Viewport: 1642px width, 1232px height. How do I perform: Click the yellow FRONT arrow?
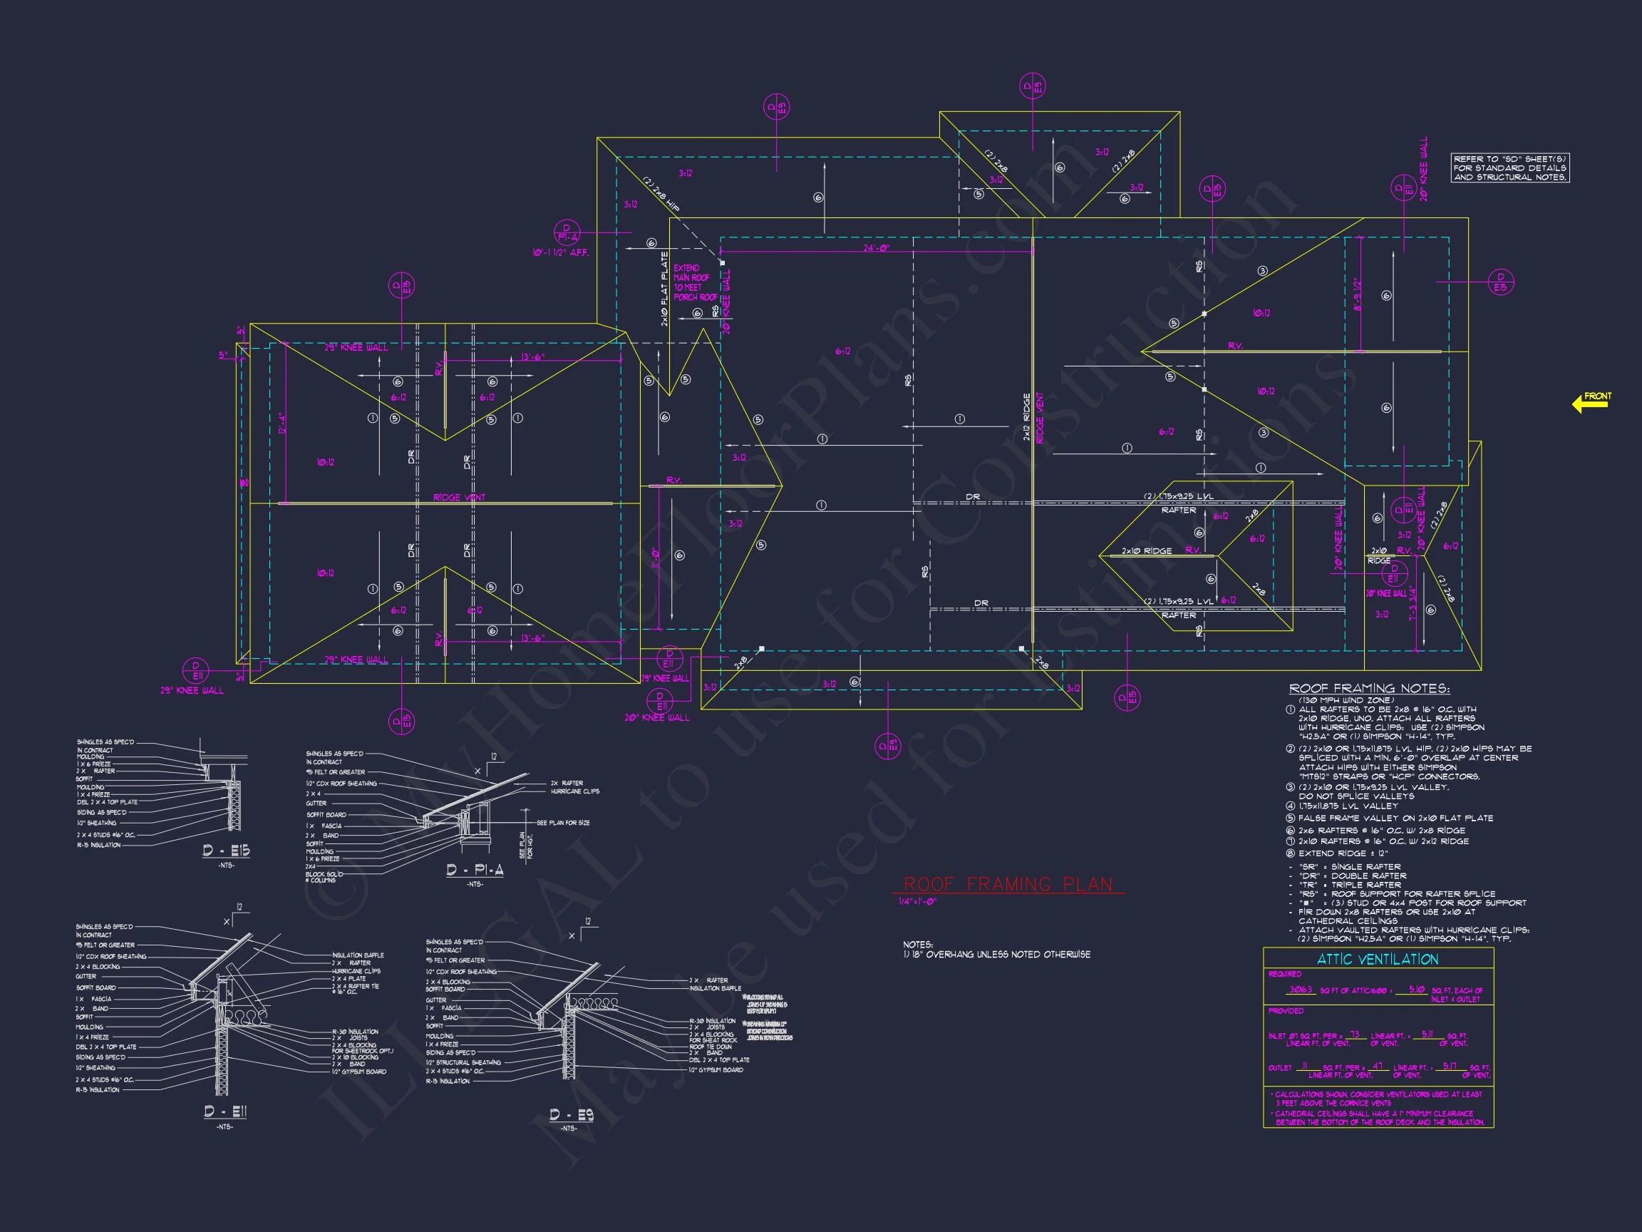pos(1591,403)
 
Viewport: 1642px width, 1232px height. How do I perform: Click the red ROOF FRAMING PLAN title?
pos(1007,883)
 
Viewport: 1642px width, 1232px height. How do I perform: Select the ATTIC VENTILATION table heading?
pos(1377,959)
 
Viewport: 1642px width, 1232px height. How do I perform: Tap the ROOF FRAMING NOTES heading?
pos(1369,689)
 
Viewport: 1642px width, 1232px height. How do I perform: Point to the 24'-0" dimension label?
pos(876,248)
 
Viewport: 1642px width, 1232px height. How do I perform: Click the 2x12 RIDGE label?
pos(1027,417)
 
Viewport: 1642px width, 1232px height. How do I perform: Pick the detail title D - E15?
pos(227,851)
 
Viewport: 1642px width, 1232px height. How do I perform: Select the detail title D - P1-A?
pos(475,870)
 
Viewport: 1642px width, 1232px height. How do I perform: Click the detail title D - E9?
pos(571,1114)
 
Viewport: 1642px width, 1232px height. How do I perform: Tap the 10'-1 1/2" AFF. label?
pos(560,252)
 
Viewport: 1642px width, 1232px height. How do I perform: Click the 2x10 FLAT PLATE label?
pos(664,289)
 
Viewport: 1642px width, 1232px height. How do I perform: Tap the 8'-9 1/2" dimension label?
pos(1358,295)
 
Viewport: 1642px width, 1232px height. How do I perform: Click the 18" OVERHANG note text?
pos(997,954)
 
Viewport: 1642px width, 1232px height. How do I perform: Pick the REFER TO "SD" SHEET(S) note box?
pos(1510,168)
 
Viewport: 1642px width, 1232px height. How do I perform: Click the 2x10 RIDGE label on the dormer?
pos(1146,551)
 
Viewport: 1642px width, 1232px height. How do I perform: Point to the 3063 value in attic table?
pos(1301,990)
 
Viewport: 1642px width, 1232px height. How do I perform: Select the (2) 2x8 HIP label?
pos(660,195)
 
